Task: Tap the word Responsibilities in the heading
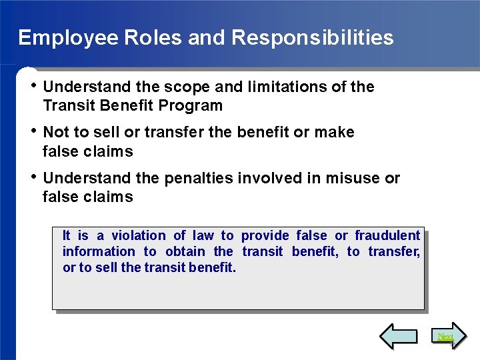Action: click(x=313, y=37)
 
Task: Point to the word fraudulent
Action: click(x=387, y=235)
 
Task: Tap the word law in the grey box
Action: click(x=203, y=235)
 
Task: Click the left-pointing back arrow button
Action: click(x=398, y=337)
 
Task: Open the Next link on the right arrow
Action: click(x=445, y=337)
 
